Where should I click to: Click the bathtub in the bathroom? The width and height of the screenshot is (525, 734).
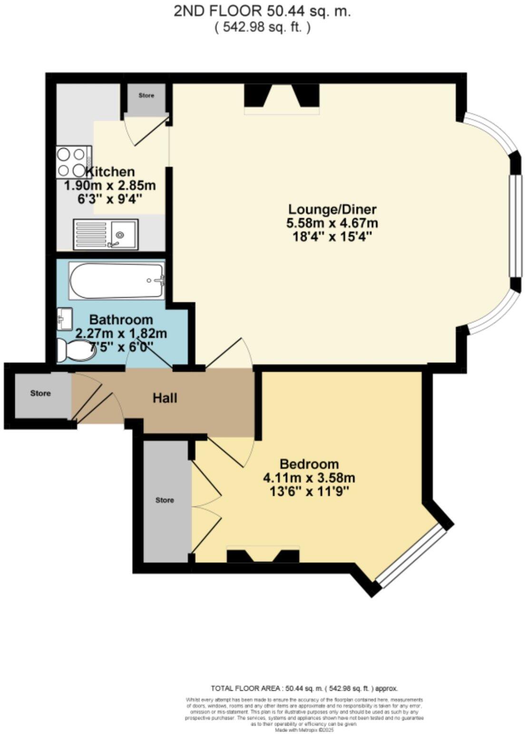[x=117, y=280]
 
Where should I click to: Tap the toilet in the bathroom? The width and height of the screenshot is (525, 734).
[x=74, y=349]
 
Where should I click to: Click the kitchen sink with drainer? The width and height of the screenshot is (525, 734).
[x=106, y=234]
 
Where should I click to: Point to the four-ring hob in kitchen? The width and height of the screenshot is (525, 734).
[x=74, y=162]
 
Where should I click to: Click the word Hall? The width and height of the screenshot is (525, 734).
[x=165, y=398]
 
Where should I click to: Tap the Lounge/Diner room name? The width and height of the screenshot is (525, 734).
[x=332, y=209]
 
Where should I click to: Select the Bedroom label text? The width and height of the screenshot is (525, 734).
[x=309, y=464]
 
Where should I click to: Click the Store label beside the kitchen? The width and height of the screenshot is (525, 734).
[x=146, y=96]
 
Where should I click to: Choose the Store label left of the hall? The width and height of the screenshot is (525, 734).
[x=40, y=394]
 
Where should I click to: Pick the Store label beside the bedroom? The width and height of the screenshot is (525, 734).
[x=165, y=500]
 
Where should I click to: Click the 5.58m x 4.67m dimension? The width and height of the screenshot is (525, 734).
[x=332, y=222]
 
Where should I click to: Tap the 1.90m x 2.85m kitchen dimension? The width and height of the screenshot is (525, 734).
[x=110, y=185]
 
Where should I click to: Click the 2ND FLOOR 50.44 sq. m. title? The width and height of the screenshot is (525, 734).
[x=262, y=12]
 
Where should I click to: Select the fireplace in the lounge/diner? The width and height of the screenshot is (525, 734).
[x=282, y=98]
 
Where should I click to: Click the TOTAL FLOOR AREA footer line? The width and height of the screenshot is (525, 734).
[x=304, y=688]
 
